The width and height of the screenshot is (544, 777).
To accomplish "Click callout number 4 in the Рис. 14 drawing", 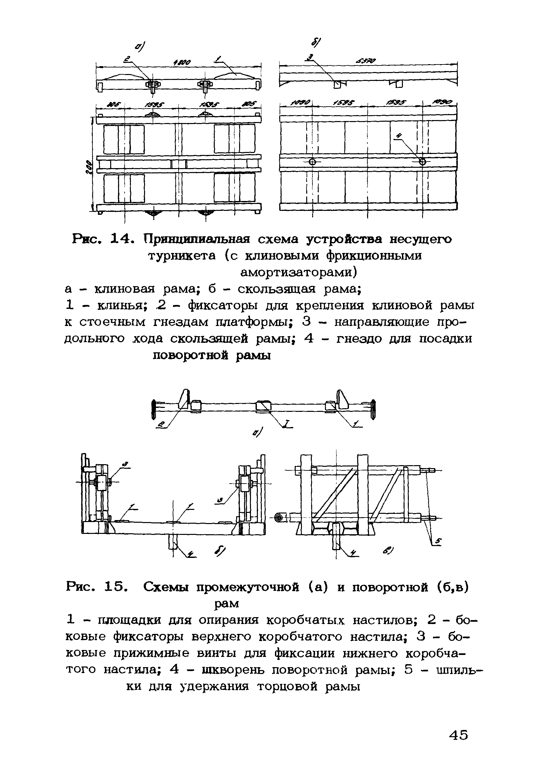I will point(400,136).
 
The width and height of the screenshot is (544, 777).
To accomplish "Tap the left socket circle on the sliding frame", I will point(312,162).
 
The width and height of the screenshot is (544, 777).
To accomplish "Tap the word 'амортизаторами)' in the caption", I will point(298,272).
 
